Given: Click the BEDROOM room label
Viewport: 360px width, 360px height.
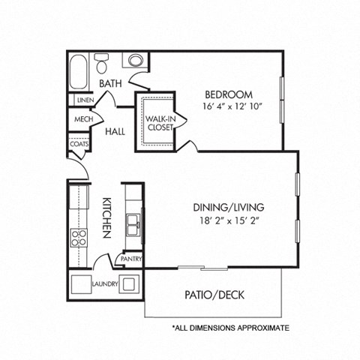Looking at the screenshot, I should click(229, 94).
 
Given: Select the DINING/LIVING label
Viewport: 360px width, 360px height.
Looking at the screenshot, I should click(229, 207).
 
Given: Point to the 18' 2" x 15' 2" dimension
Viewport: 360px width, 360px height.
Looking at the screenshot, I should click(229, 220).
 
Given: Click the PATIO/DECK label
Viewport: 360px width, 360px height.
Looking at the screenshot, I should click(214, 295).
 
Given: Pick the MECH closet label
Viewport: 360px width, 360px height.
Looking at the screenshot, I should click(82, 120).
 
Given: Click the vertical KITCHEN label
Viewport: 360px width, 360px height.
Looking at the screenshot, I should click(106, 217).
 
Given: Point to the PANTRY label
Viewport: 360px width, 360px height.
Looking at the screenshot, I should click(131, 259).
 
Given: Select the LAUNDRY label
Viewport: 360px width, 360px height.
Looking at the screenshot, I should click(104, 284).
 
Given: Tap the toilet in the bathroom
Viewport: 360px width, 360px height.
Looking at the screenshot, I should click(103, 60).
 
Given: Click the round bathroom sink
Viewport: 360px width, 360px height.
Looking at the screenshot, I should click(136, 59).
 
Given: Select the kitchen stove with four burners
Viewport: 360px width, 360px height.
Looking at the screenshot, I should click(79, 238).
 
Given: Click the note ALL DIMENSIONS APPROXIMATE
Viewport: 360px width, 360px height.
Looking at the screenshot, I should click(230, 328).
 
